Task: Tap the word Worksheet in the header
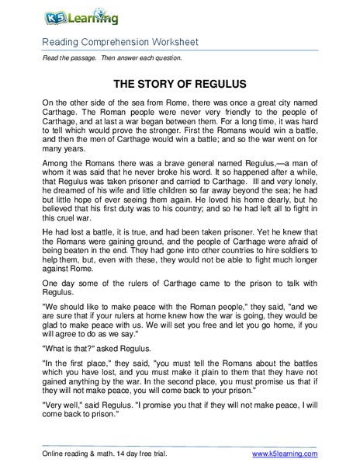pos(168,41)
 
